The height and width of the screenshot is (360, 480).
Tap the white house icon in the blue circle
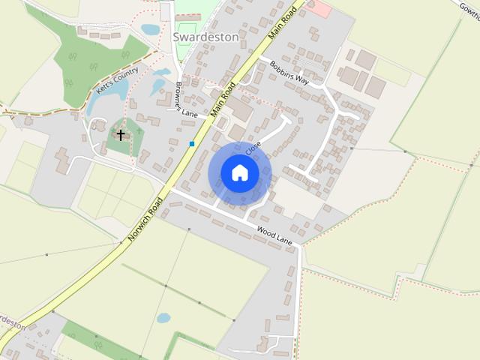(x=239, y=172)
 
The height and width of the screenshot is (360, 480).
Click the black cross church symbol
(x=121, y=135)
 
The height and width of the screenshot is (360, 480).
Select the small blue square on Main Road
(x=193, y=143)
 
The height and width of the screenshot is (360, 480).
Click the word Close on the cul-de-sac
(x=253, y=148)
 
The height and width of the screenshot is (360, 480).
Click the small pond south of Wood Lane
(x=163, y=317)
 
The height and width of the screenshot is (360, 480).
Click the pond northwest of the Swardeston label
(x=151, y=30)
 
